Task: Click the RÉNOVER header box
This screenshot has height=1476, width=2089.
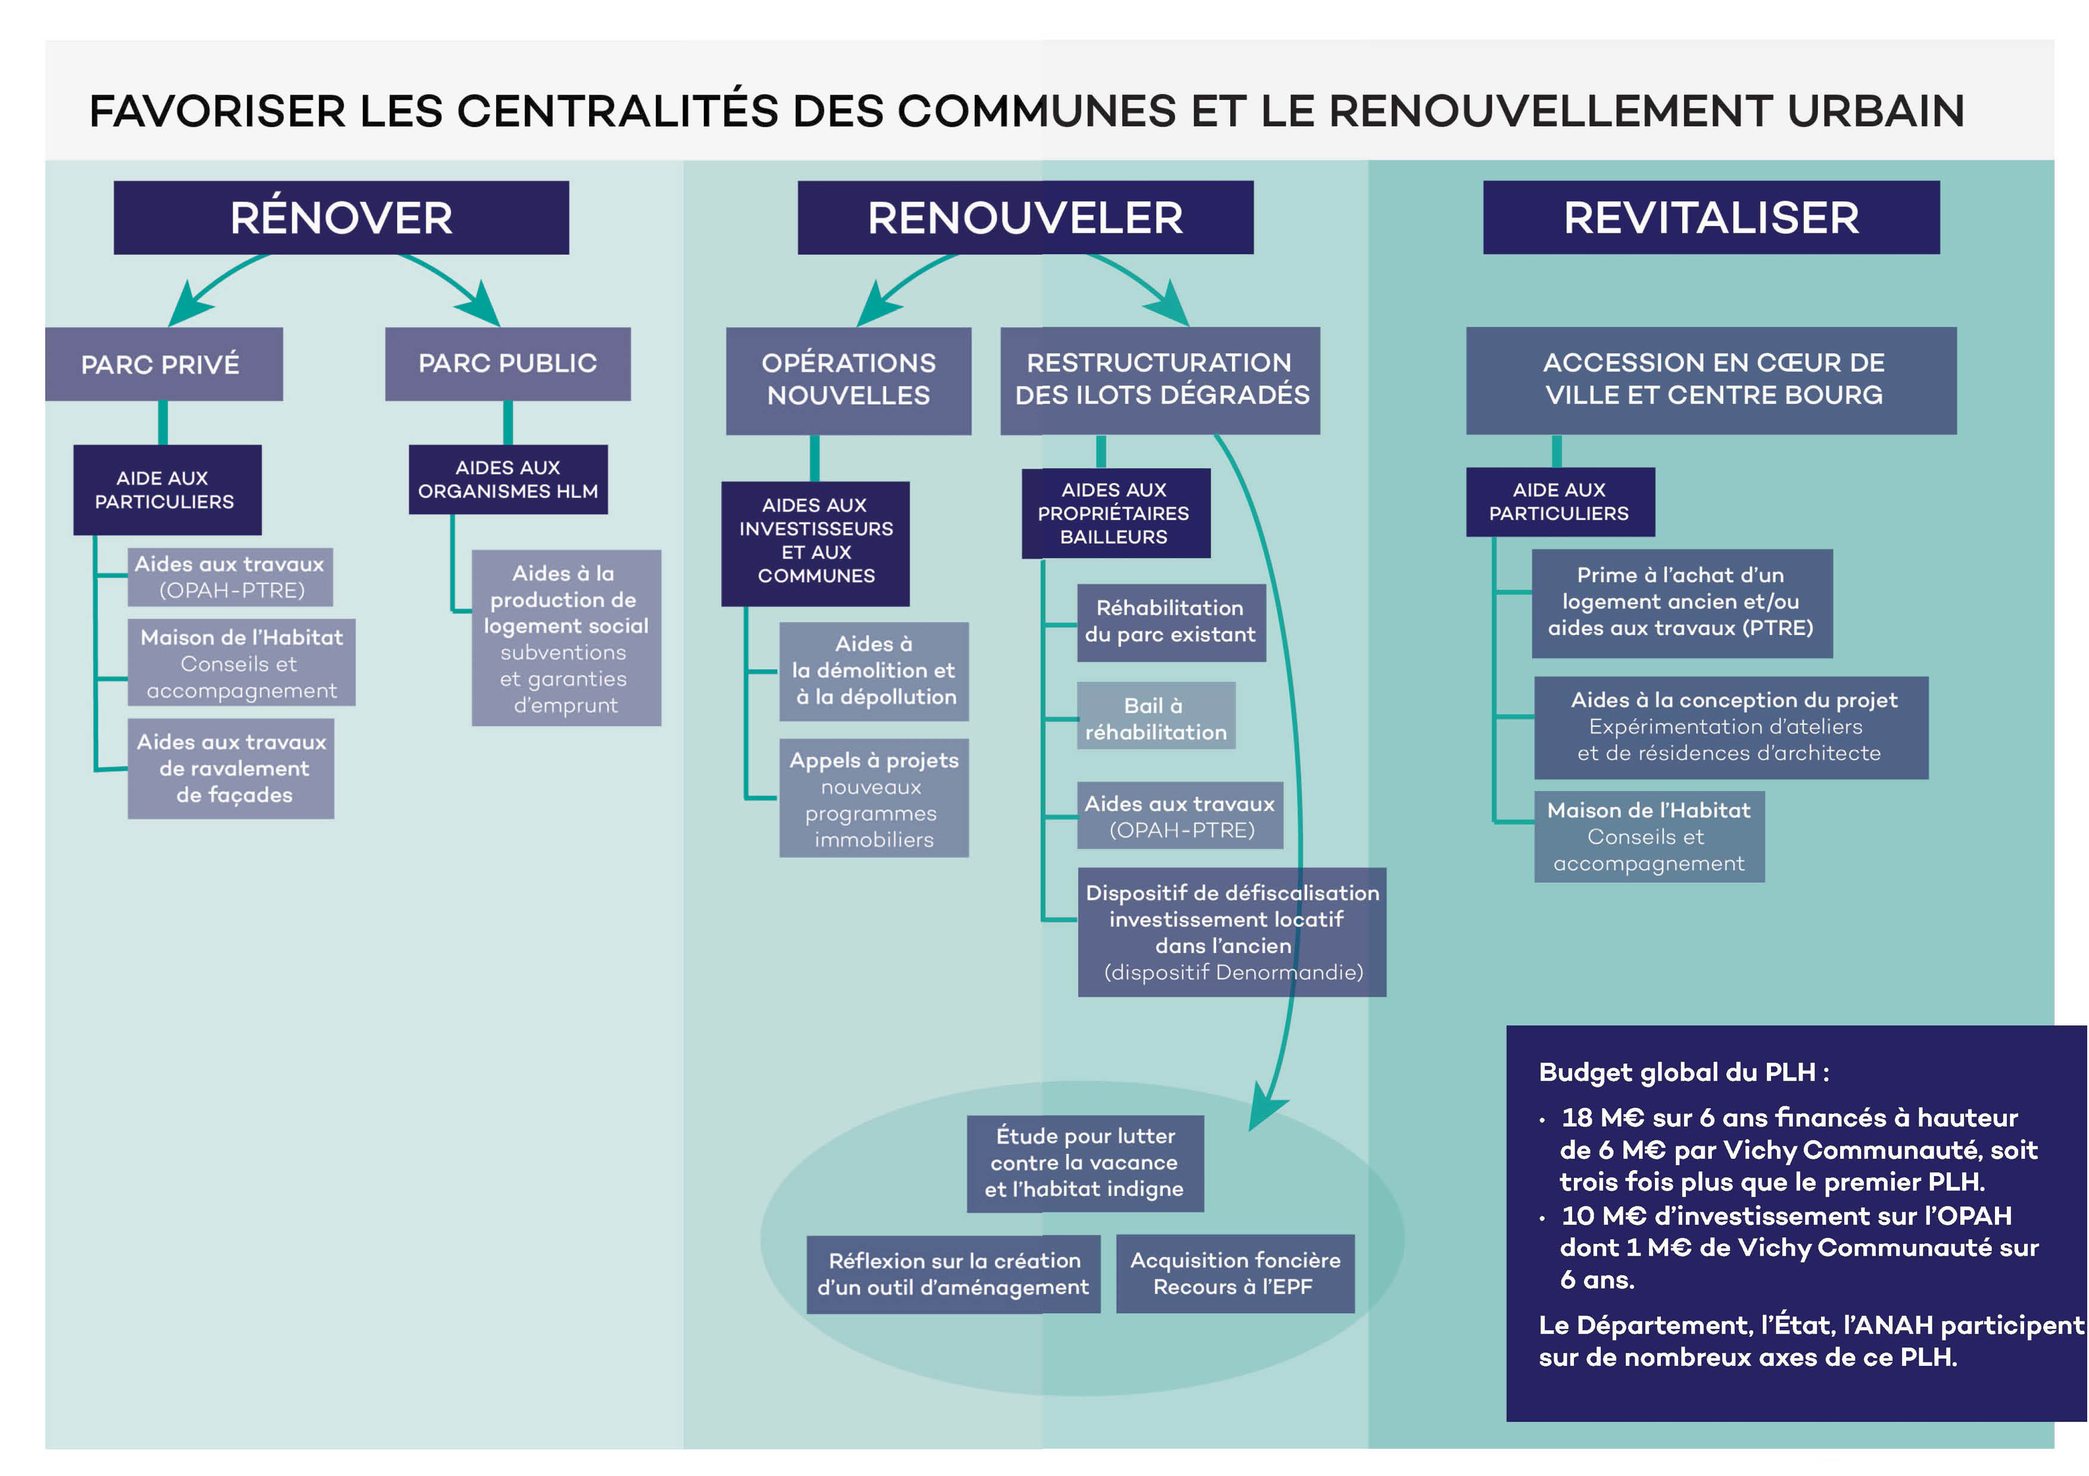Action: tap(341, 217)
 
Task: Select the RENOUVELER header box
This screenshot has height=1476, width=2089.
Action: tap(1025, 217)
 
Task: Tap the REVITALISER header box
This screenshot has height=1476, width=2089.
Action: tap(1711, 217)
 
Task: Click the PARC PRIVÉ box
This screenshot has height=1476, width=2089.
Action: tap(164, 364)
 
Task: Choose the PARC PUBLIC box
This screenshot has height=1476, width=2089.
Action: tap(508, 364)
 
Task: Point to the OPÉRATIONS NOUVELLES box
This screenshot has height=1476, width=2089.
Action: tap(849, 380)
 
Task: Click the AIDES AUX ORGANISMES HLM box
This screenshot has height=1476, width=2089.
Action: tap(508, 479)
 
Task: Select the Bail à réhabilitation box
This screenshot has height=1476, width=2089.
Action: tap(1156, 716)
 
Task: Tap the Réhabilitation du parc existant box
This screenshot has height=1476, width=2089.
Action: tap(1171, 622)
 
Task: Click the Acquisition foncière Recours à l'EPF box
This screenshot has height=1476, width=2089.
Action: tap(1236, 1273)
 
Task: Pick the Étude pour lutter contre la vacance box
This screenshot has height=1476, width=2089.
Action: tap(1086, 1163)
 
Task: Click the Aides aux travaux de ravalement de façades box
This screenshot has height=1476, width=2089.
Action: tap(231, 768)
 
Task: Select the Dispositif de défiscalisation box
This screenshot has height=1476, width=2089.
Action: tap(1232, 932)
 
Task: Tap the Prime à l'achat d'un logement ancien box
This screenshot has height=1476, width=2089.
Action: tap(1682, 603)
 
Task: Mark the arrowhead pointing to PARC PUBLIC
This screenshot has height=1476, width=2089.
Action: tap(479, 305)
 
